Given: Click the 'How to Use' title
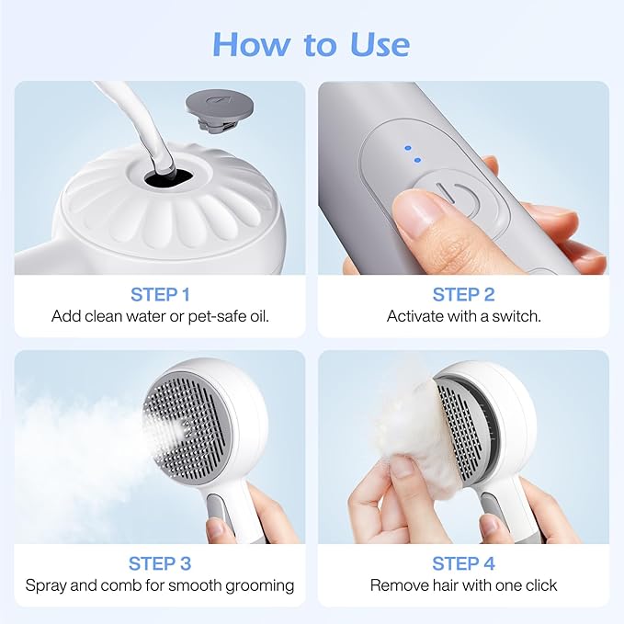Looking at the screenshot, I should click(312, 43).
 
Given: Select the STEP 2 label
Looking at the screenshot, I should click(463, 294).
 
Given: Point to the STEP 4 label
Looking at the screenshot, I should click(463, 563).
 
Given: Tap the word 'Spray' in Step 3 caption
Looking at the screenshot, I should click(45, 585).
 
